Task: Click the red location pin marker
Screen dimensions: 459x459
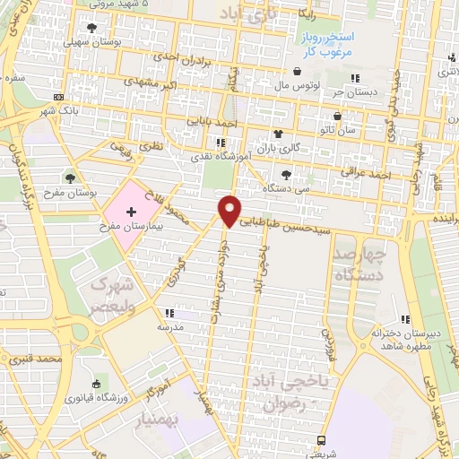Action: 229,210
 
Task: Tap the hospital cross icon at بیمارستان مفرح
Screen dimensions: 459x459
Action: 131,212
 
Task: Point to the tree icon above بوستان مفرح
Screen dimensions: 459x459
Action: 70,175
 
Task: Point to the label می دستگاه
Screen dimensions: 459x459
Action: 287,188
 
